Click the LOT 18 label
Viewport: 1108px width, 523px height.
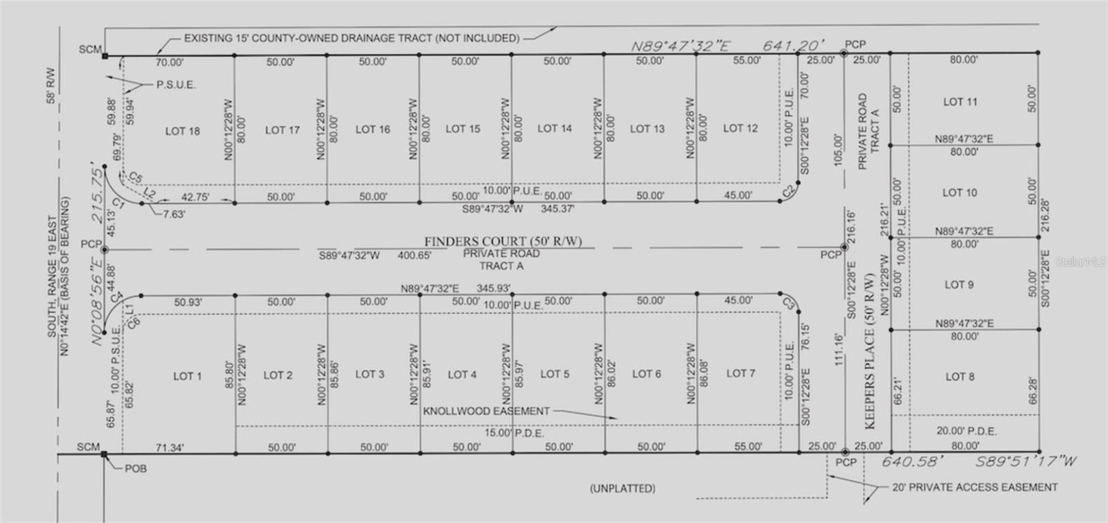182,131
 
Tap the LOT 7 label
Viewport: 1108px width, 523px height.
740,373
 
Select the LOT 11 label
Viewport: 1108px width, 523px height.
960,102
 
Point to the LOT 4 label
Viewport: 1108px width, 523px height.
462,375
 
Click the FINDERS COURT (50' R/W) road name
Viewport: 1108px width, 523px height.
503,241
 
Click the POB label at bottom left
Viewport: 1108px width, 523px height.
136,468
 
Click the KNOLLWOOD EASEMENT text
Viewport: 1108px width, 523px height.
486,411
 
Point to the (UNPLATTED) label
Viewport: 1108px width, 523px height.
622,488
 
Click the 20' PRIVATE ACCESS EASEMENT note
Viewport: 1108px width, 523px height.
974,487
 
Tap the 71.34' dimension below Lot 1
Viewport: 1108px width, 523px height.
168,448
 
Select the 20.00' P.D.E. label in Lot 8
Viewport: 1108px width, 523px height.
965,431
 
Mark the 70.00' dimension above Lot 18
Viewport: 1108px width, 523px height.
169,62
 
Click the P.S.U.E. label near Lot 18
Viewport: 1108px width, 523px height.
176,85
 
